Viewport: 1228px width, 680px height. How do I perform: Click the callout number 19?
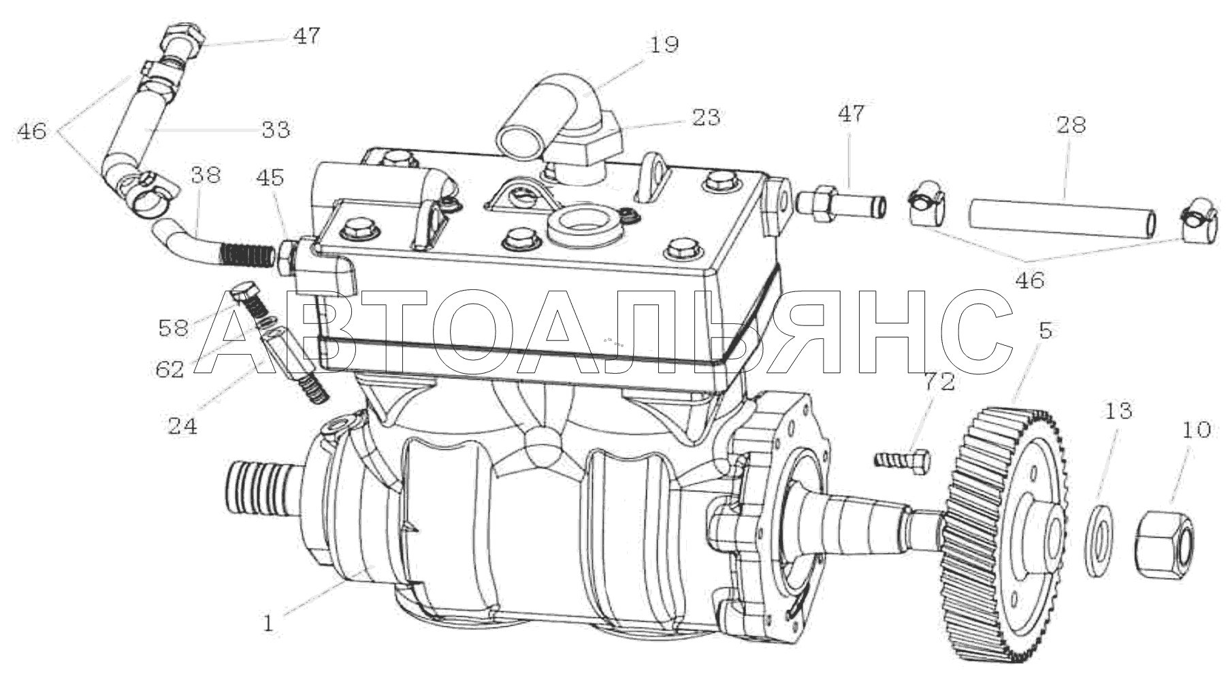click(x=664, y=46)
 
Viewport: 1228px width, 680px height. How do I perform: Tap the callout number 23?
click(x=705, y=117)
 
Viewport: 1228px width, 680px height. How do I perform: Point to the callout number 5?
click(x=1046, y=330)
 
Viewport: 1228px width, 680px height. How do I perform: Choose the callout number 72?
click(x=939, y=381)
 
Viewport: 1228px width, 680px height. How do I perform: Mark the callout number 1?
click(x=269, y=623)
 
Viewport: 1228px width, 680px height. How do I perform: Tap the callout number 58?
click(x=173, y=328)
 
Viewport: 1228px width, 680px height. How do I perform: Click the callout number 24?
click(x=182, y=426)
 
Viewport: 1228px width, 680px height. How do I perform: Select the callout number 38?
click(x=206, y=175)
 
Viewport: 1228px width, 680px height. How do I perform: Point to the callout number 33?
click(x=276, y=129)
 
